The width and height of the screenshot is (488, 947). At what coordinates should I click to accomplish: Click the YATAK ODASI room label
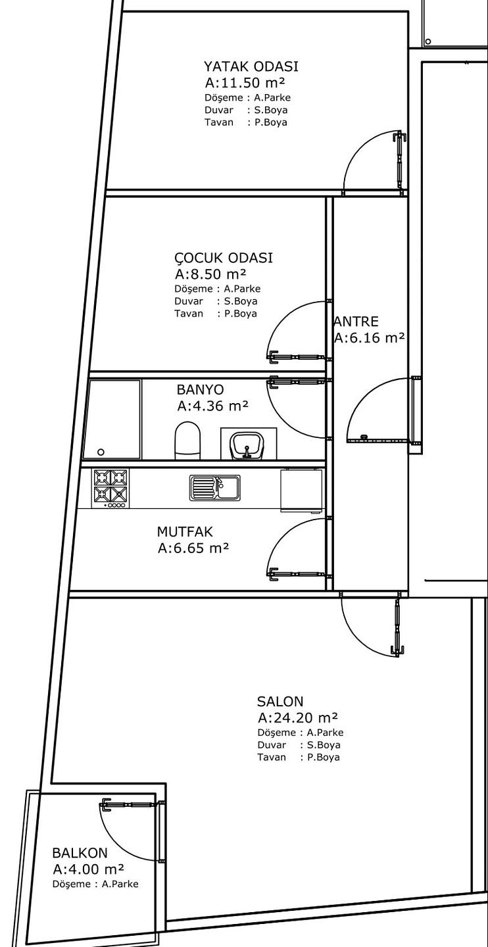[251, 66]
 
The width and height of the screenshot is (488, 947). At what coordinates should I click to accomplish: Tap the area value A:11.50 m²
[245, 82]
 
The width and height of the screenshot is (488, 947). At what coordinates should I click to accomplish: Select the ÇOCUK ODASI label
[223, 258]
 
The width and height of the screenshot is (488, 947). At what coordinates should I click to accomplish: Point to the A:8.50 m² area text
[210, 274]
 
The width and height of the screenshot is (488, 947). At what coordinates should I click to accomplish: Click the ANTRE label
[356, 322]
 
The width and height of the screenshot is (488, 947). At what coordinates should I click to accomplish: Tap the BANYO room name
[201, 389]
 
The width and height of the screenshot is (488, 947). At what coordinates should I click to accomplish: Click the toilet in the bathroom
[187, 440]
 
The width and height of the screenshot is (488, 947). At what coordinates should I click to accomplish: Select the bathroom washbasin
[247, 445]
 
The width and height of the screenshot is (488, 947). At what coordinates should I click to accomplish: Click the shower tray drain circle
[101, 452]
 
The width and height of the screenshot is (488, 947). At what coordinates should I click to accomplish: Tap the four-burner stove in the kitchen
[110, 488]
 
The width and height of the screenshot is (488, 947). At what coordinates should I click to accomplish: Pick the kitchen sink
[215, 487]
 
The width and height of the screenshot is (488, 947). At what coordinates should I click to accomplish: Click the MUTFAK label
[185, 531]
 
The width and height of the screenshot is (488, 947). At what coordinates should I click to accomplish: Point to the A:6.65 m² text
[193, 548]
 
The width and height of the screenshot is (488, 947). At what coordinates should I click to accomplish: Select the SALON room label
[280, 701]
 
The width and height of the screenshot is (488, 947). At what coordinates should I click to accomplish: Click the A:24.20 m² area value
[298, 717]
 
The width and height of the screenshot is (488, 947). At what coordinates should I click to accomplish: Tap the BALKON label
[80, 853]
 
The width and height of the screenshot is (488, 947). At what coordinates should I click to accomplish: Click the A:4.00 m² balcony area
[88, 869]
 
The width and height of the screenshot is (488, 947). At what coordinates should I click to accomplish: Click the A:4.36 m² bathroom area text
[212, 406]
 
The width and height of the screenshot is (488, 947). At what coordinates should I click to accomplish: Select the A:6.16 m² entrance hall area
[369, 338]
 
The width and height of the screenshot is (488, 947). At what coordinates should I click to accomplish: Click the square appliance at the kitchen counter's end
[301, 490]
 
